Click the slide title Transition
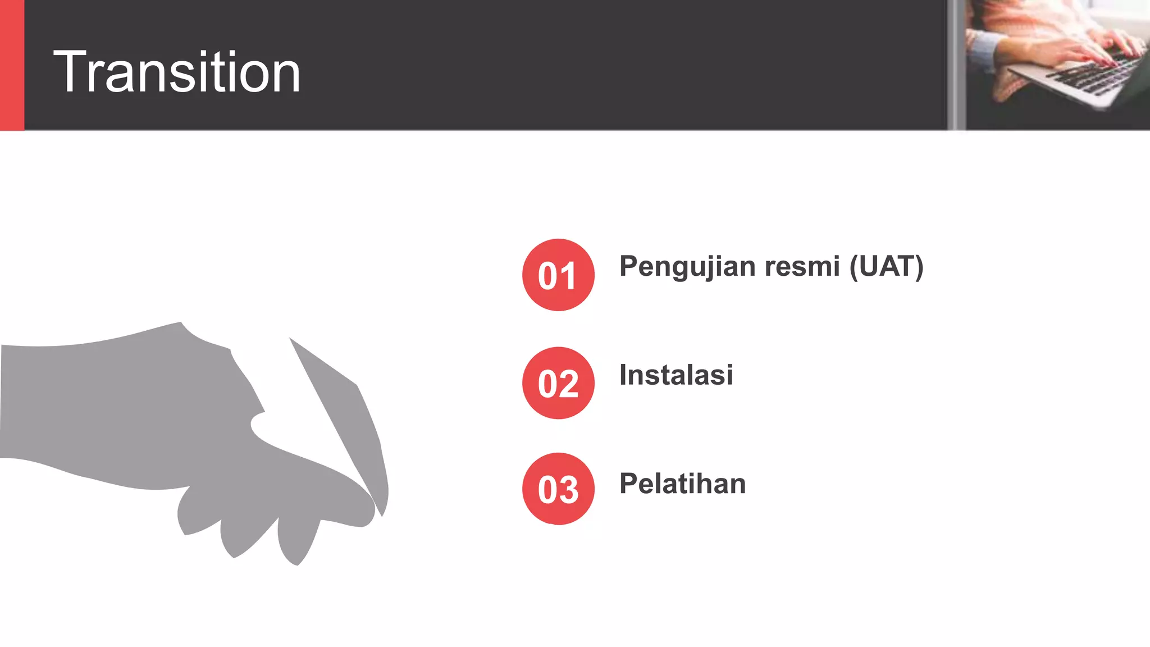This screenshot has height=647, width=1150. point(177,72)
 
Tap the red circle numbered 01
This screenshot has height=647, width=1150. point(558,275)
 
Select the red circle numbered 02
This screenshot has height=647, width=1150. point(558,383)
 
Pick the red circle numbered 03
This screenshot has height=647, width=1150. point(558,489)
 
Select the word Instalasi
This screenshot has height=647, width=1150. point(676,375)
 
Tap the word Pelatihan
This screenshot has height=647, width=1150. point(682,484)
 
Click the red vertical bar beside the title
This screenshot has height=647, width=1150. point(12,65)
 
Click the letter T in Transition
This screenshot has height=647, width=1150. point(70,72)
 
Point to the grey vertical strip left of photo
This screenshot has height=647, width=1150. point(956,65)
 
